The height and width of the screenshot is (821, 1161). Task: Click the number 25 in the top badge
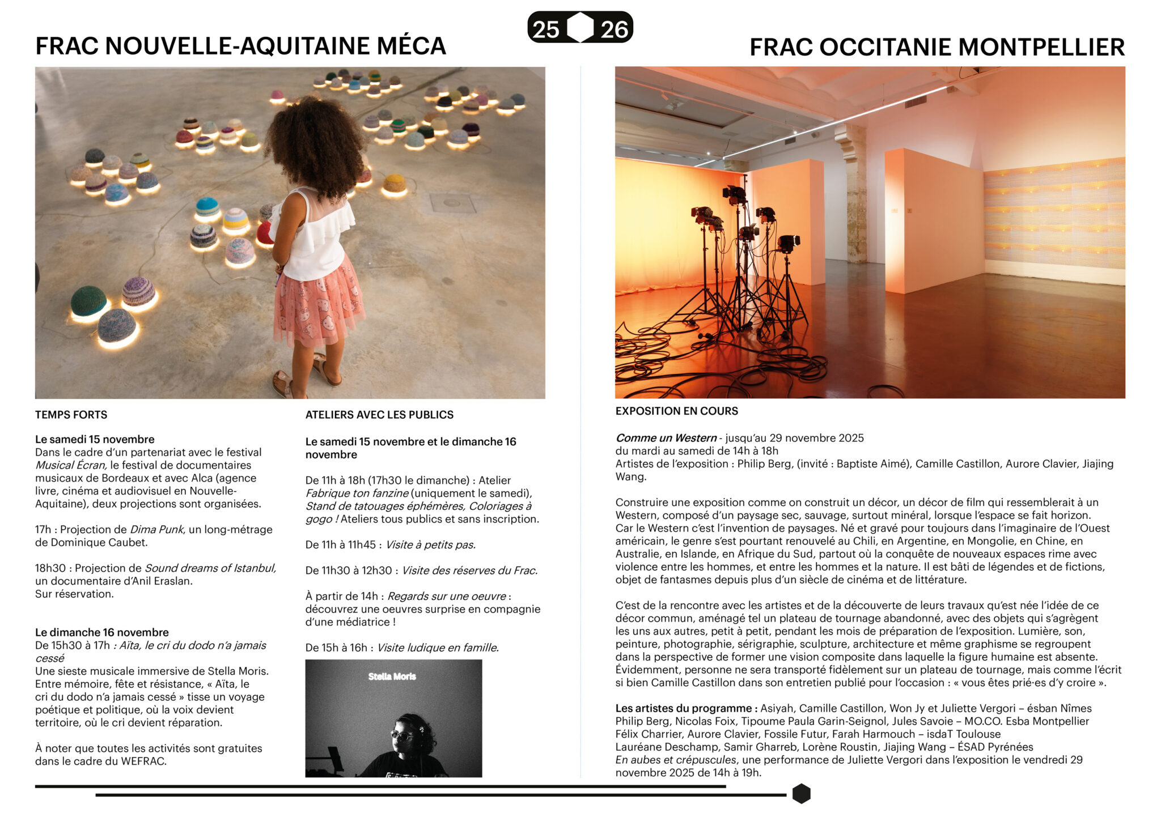[545, 29]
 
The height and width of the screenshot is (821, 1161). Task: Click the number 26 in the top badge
[614, 29]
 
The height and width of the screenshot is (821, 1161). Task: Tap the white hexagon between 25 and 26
[580, 27]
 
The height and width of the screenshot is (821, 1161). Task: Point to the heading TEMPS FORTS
[71, 415]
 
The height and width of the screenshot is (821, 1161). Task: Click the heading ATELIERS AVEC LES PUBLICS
[379, 415]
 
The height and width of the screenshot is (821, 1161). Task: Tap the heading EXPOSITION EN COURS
[676, 411]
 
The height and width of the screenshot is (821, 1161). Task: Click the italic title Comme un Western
[666, 438]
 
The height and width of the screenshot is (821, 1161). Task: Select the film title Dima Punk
[156, 530]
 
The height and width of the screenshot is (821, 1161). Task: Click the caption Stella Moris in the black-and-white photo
[392, 677]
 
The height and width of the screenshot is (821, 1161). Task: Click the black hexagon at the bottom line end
[801, 794]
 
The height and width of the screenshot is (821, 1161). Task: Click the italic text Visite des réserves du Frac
[469, 571]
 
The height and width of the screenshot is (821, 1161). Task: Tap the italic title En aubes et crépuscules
[676, 760]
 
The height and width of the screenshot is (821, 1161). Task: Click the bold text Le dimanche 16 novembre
[102, 632]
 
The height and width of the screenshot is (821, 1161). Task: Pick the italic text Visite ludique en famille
[438, 648]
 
